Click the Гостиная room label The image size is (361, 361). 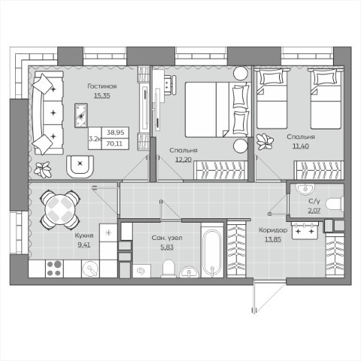pos(102,86)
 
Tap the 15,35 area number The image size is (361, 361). pos(102,96)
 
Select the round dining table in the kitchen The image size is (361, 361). pos(60,210)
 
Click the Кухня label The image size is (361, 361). pos(84,235)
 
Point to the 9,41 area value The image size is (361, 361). pos(84,244)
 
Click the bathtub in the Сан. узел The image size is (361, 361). pos(212,250)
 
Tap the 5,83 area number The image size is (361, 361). pos(167,247)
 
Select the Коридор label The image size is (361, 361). pos(273,230)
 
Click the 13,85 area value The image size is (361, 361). pos(273,239)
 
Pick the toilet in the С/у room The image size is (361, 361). pos(335,204)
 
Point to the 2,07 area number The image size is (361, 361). pos(314,211)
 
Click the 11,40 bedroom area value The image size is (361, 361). pos(301,146)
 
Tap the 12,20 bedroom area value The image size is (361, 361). pos(184,159)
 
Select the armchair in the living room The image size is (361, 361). pos(80,166)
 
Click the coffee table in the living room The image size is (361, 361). pos(81,115)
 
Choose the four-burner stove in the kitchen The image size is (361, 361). pos(54,268)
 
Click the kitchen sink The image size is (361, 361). pos(90,268)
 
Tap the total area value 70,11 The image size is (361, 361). pos(115,144)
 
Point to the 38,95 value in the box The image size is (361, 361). pos(115,132)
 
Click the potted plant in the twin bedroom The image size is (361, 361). pos(265,141)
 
